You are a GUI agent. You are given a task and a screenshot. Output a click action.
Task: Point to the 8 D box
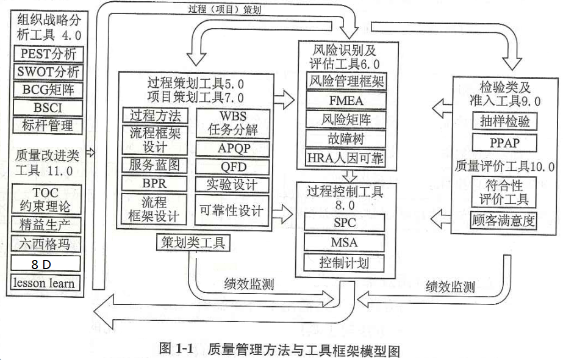[46, 264]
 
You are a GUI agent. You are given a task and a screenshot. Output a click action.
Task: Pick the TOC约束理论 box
[46, 198]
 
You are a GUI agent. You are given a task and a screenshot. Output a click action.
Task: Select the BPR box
[155, 183]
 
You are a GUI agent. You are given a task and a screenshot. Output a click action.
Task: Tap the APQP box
[232, 148]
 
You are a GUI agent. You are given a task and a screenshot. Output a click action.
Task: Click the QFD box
[232, 167]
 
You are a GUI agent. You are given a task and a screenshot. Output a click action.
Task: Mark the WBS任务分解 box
[232, 123]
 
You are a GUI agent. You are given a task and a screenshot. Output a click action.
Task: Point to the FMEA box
[346, 99]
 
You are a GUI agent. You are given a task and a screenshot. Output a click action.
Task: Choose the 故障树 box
[346, 138]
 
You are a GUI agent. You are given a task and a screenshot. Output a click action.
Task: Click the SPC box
[345, 223]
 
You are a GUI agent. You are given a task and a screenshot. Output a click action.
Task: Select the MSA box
[345, 243]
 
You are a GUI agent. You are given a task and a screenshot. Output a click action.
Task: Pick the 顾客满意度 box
[503, 221]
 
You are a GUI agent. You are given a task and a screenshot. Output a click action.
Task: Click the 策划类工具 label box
[193, 243]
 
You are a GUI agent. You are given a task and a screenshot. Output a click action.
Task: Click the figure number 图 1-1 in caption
[176, 349]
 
